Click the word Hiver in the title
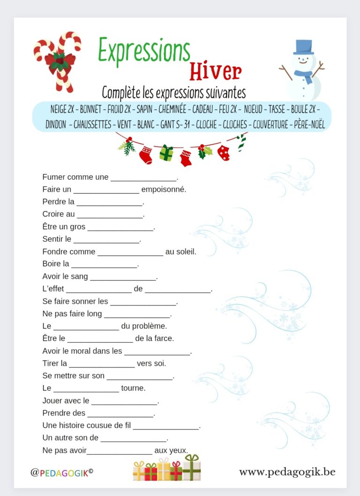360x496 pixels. (x=215, y=71)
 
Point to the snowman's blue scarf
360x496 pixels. (x=303, y=75)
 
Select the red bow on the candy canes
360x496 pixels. (x=59, y=61)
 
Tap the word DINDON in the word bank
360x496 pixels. (x=56, y=125)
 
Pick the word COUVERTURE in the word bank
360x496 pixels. (x=270, y=125)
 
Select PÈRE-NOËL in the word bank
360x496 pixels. (x=310, y=125)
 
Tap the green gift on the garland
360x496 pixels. (x=166, y=153)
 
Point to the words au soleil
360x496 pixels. (x=180, y=252)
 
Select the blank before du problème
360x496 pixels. (x=86, y=326)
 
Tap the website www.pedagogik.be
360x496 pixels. (x=287, y=472)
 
